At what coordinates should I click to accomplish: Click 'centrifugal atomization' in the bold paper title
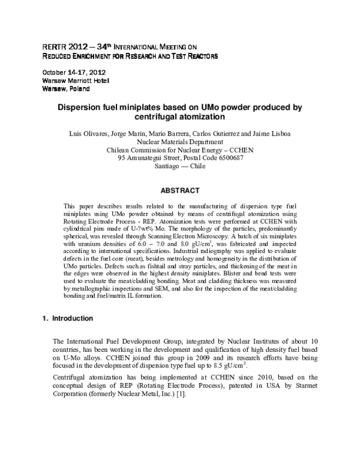pyautogui.click(x=179, y=117)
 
